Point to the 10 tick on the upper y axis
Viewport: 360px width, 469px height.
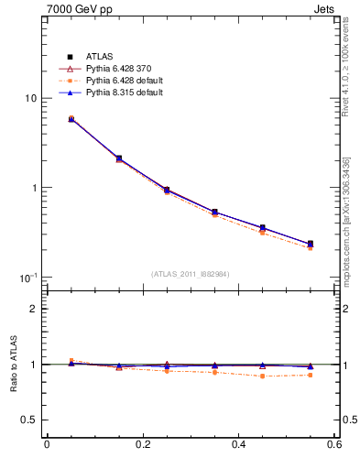(30, 99)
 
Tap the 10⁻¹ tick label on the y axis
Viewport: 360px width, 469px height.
(28, 277)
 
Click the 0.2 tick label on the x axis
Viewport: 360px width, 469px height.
(142, 445)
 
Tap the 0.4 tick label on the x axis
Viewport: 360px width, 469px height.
(238, 445)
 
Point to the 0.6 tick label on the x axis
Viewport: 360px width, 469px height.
(333, 445)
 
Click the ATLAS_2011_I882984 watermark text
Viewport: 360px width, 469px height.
(190, 274)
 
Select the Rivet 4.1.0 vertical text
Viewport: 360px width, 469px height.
(346, 82)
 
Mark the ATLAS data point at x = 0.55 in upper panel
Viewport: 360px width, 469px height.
(310, 244)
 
